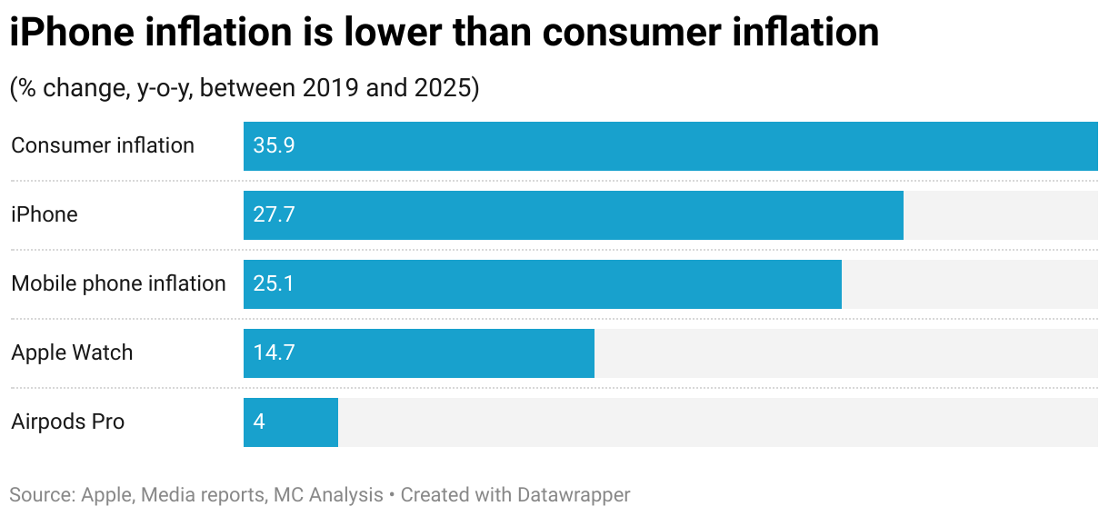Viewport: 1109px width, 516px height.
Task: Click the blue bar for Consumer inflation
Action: click(670, 146)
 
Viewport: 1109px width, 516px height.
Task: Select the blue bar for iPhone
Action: click(573, 215)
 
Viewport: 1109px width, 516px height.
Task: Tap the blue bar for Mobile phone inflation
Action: click(542, 284)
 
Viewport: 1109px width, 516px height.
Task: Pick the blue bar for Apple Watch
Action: click(418, 353)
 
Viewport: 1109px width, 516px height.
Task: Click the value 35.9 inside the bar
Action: click(274, 146)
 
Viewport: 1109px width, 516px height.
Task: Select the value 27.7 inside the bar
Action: click(274, 215)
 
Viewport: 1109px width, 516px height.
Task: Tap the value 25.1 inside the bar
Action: click(273, 284)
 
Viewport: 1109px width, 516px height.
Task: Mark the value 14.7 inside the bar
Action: click(274, 353)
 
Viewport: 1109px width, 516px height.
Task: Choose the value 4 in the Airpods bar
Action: click(259, 422)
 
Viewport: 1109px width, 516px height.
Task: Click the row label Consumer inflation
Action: click(103, 145)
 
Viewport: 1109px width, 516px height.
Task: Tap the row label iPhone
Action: click(45, 214)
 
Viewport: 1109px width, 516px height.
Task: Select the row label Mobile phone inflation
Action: click(118, 283)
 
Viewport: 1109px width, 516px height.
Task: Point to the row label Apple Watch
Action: click(72, 352)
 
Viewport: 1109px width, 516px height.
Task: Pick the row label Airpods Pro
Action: click(68, 422)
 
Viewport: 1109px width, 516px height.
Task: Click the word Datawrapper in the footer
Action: click(574, 495)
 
